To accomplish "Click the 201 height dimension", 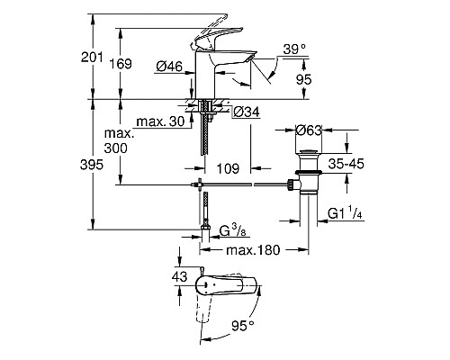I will point(107,57).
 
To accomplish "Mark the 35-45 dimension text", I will point(346,165).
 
